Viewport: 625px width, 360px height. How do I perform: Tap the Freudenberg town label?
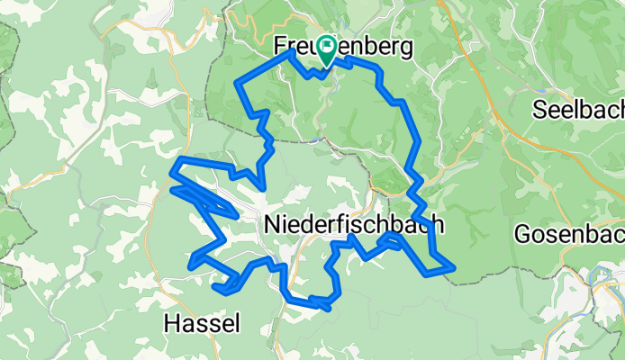[344, 47]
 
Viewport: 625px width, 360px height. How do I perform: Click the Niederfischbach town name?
[355, 225]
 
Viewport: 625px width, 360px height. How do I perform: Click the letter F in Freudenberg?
[281, 47]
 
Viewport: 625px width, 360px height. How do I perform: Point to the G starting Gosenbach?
[522, 234]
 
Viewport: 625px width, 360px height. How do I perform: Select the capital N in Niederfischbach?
[274, 225]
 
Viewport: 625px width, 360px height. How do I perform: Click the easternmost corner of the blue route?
[453, 267]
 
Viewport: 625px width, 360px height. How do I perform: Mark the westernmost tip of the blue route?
[173, 189]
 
